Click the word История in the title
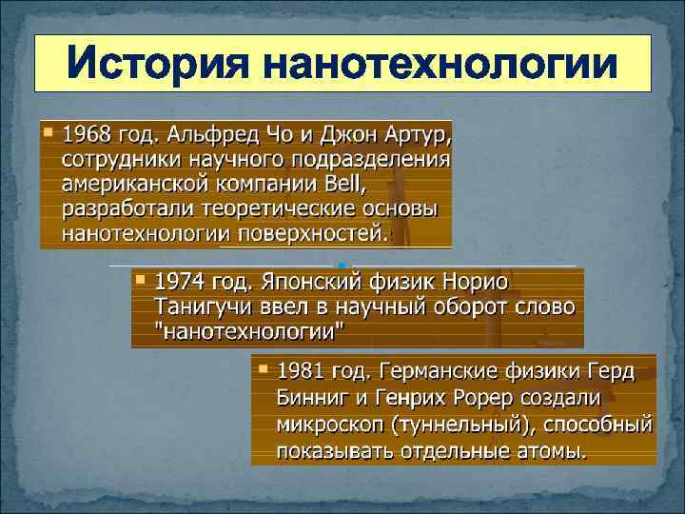coord(156,65)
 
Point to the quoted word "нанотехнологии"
coord(249,332)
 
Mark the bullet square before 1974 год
coord(140,280)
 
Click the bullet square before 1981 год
coord(262,367)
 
